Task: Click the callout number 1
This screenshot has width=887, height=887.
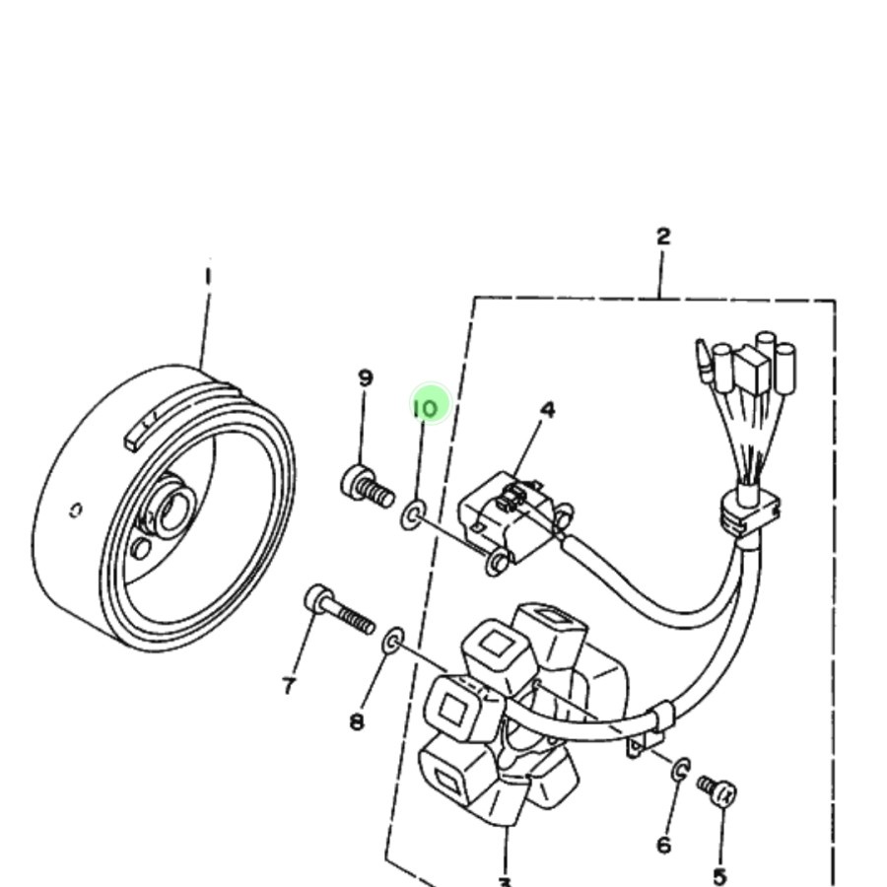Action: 208,276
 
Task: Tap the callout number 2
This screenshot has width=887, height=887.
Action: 663,237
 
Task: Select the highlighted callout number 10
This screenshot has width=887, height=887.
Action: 426,406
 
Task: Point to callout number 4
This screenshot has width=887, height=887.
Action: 548,409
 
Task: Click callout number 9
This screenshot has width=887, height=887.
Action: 366,377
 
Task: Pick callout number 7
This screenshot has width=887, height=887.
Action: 289,685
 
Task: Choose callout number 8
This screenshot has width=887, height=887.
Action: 357,721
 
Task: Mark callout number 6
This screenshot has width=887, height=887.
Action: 663,845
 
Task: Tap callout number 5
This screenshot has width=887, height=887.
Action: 720,876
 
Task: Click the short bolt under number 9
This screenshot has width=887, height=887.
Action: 368,486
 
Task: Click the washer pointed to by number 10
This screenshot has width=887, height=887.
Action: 413,513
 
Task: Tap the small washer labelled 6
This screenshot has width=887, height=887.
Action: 681,769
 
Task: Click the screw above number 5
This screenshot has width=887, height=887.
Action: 717,789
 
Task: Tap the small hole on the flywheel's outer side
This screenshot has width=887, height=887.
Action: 75,510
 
